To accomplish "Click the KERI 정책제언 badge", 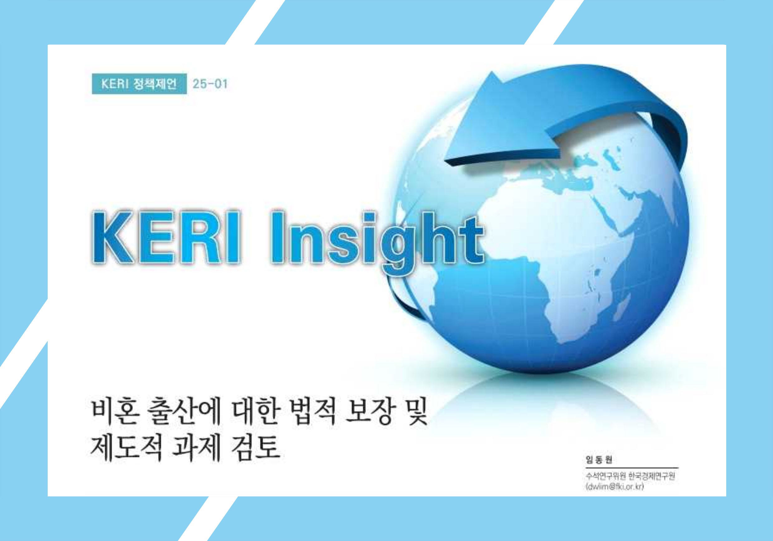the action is coord(139,84).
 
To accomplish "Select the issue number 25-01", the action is coord(210,84).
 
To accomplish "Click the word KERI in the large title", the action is coord(166,237).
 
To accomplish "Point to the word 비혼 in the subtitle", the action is coord(114,411).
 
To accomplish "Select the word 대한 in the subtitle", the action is coord(256,411).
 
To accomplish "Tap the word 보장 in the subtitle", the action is coord(369,411).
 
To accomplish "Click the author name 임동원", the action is coord(599,460).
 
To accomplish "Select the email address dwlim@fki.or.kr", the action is coord(615,487).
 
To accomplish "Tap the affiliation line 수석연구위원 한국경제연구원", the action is coord(630,476).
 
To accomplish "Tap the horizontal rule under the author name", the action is coord(632,468).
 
